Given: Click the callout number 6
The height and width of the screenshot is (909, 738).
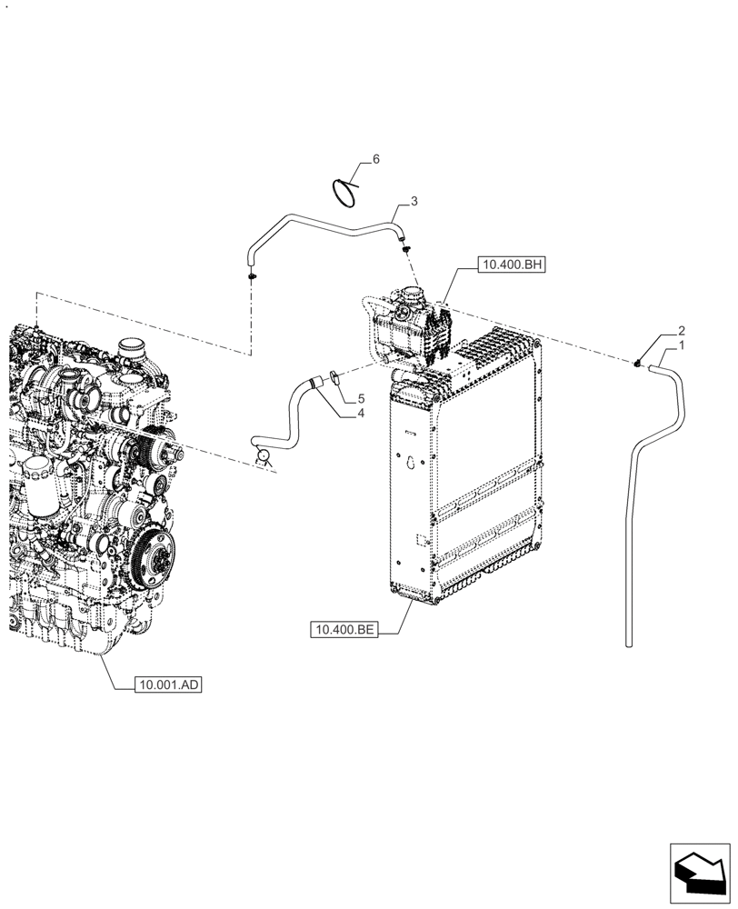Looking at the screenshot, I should tap(375, 159).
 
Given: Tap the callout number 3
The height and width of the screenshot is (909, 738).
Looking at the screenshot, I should tap(414, 200).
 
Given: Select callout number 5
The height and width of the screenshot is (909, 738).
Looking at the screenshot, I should tap(361, 399).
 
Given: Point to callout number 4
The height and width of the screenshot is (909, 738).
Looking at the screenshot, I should tap(361, 414).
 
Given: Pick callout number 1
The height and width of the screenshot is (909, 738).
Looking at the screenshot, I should tap(681, 346).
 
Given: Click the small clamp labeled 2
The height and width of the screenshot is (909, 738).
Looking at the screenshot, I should tap(638, 364).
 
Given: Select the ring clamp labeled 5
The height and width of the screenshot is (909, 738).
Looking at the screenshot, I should tap(335, 375).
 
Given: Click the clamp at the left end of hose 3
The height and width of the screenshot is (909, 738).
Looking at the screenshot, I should tap(251, 274).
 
